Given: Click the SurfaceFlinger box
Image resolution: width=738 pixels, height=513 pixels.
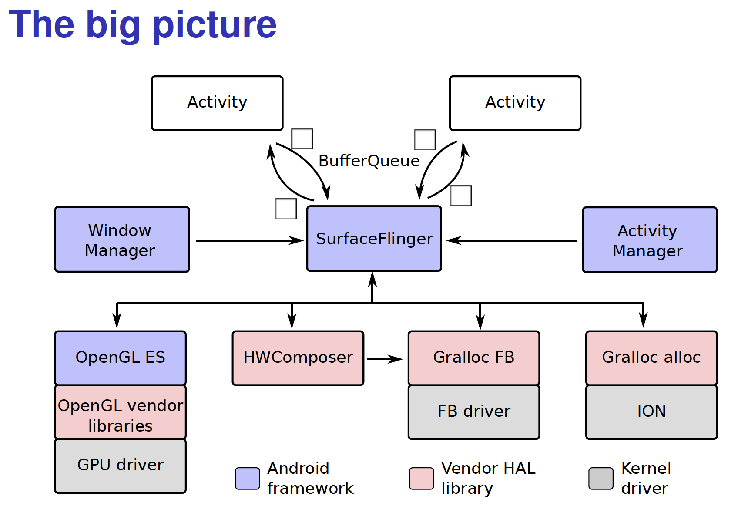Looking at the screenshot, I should [x=374, y=239].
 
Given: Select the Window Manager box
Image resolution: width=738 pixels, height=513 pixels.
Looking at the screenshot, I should [x=122, y=240].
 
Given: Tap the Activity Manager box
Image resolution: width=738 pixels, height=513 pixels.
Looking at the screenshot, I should [x=649, y=240].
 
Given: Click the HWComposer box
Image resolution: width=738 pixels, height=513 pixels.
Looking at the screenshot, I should [x=298, y=358].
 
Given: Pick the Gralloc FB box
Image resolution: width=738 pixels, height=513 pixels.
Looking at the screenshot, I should [x=473, y=358].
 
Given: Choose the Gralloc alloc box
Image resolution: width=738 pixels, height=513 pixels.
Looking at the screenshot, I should [x=651, y=358].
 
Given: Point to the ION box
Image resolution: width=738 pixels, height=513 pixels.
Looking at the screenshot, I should [x=651, y=412].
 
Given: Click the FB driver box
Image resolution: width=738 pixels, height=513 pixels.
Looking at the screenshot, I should [x=473, y=412].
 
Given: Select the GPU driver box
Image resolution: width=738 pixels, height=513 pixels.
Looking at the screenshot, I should [x=120, y=466].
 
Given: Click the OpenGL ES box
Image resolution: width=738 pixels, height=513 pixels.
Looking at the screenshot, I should [x=120, y=358].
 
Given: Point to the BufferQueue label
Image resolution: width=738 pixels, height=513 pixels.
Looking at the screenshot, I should [x=369, y=161].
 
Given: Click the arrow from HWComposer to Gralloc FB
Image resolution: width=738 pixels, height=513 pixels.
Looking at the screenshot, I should [x=385, y=359].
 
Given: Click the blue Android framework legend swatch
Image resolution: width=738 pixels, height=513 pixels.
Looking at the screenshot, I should [x=247, y=479].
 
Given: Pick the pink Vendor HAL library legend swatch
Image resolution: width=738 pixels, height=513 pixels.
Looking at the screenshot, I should [x=421, y=479].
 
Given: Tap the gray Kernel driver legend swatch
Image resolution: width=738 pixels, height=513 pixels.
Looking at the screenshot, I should [x=600, y=479].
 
